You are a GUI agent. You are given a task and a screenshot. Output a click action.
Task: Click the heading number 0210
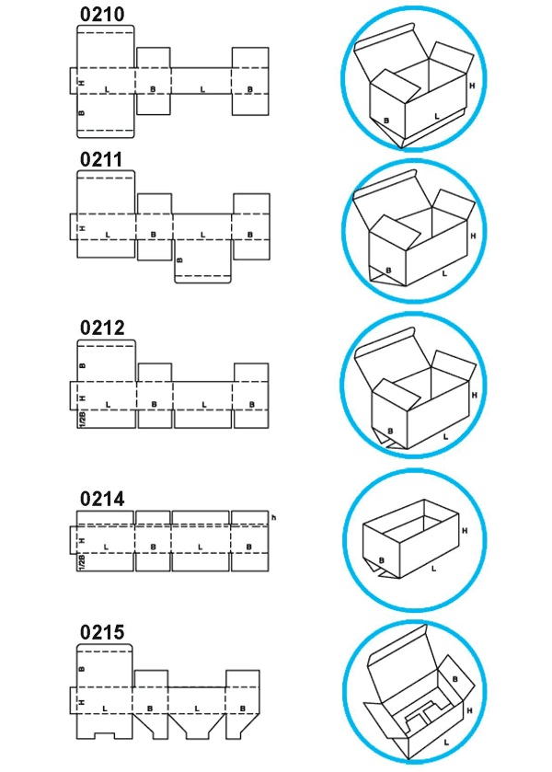click(x=102, y=15)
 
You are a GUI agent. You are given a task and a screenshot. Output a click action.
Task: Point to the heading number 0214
click(x=102, y=500)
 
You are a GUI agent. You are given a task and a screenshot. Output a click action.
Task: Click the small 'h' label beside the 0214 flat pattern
click(x=274, y=518)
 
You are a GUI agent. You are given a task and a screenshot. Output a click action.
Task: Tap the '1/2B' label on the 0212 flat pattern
click(x=82, y=420)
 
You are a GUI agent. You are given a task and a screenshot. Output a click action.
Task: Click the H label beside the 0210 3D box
click(x=471, y=86)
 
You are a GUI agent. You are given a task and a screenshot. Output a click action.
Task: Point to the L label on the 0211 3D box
click(x=444, y=273)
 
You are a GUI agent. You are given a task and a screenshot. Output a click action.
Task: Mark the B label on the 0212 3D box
click(x=390, y=430)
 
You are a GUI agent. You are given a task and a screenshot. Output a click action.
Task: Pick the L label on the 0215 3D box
click(x=446, y=741)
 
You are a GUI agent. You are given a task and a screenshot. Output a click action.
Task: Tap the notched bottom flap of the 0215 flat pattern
click(x=106, y=728)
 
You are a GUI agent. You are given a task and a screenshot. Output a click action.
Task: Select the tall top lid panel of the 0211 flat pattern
click(x=106, y=191)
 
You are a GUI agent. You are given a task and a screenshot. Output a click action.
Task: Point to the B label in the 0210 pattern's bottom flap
click(x=82, y=114)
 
